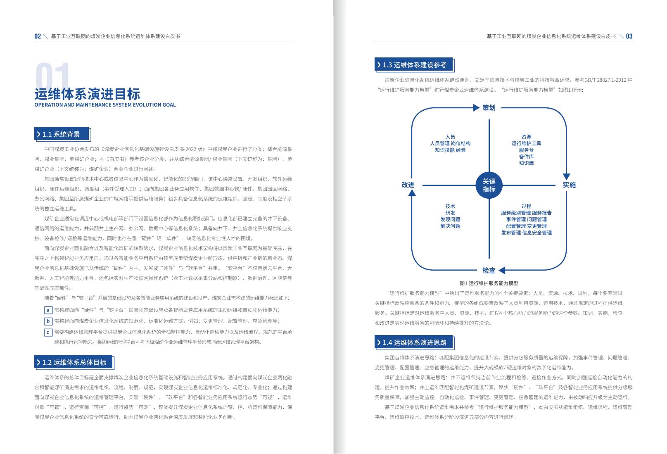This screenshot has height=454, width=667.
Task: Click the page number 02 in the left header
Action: tap(38, 36)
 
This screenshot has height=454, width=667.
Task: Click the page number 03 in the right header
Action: tap(629, 36)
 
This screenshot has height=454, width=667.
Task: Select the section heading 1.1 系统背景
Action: tap(61, 134)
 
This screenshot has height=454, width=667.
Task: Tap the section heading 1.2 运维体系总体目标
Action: tap(74, 362)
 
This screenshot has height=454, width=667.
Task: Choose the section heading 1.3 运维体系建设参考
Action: tap(414, 65)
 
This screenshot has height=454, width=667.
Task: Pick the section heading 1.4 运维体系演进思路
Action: tap(414, 342)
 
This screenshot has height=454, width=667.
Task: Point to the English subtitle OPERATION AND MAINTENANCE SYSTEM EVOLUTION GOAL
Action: tap(105, 105)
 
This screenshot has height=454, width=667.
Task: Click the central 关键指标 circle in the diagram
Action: tap(489, 185)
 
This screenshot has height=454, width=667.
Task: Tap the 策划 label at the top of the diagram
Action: tap(489, 108)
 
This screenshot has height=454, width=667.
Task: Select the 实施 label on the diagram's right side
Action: tap(569, 185)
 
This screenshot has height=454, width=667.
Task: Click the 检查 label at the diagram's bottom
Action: tap(489, 271)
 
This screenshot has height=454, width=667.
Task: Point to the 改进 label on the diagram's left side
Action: tap(408, 185)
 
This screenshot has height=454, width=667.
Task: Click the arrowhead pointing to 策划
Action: tap(476, 108)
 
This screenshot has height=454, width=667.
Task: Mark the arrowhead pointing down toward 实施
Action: tap(566, 176)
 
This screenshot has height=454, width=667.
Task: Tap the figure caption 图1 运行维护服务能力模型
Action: tap(489, 283)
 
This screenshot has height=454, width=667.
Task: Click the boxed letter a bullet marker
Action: tap(48, 310)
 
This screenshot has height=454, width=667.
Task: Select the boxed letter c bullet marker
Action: tap(48, 332)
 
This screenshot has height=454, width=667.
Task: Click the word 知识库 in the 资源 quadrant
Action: tap(526, 163)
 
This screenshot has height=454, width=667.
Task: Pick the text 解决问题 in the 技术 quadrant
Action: tap(450, 226)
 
